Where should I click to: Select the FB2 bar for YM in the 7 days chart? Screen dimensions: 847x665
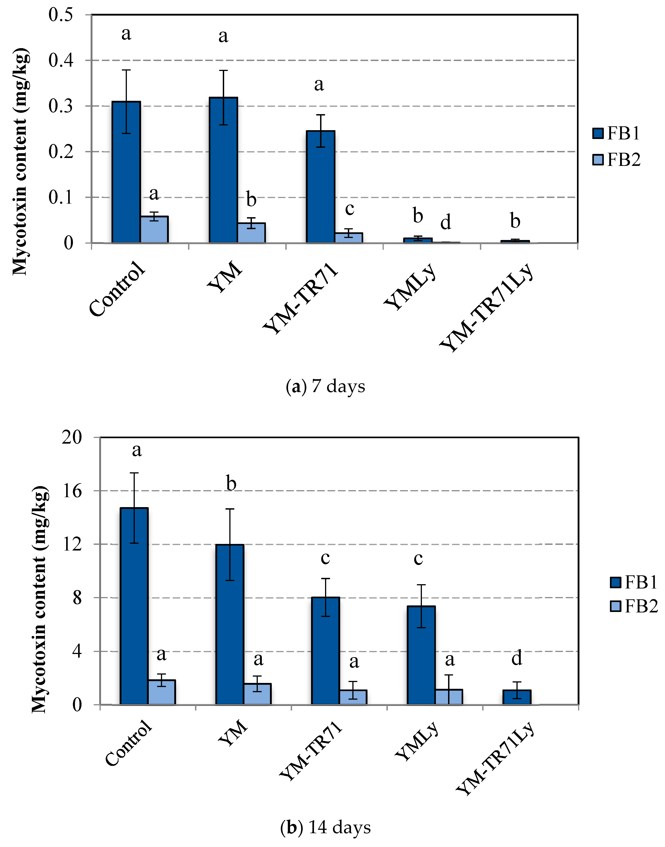tap(251, 233)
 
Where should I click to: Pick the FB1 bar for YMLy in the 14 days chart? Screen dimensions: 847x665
tap(421, 655)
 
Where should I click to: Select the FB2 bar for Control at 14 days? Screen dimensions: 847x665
tap(162, 692)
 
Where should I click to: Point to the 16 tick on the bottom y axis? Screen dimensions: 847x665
tap(72, 491)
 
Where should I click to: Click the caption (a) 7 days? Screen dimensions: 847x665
tap(326, 386)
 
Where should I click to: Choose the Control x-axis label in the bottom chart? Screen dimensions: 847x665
tap(128, 743)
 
